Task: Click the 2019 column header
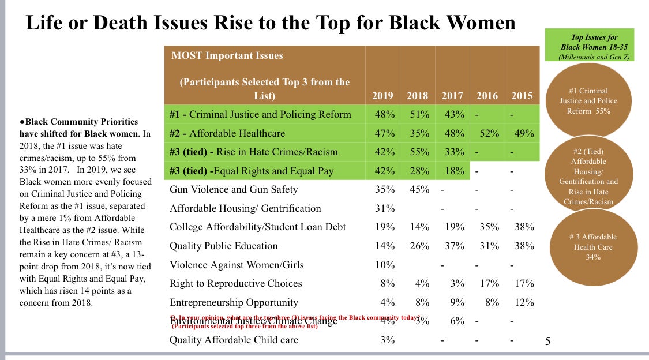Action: point(383,96)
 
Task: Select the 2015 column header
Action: point(522,96)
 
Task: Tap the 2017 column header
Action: point(453,96)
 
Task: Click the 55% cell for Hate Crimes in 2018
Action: point(418,152)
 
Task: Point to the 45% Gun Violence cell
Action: point(418,189)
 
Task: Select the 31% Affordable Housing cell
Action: point(384,208)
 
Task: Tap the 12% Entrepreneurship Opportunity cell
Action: point(524,302)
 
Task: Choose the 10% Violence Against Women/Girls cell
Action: point(384,265)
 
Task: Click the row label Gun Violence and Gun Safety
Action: point(234,189)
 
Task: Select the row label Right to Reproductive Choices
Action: point(235,283)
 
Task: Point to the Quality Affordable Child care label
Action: point(234,340)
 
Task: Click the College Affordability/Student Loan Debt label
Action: point(257,227)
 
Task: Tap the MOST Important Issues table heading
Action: point(227,56)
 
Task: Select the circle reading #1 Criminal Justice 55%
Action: point(587,101)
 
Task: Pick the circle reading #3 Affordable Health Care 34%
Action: point(592,247)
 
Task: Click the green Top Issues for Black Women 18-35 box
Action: point(589,45)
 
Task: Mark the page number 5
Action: point(548,342)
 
